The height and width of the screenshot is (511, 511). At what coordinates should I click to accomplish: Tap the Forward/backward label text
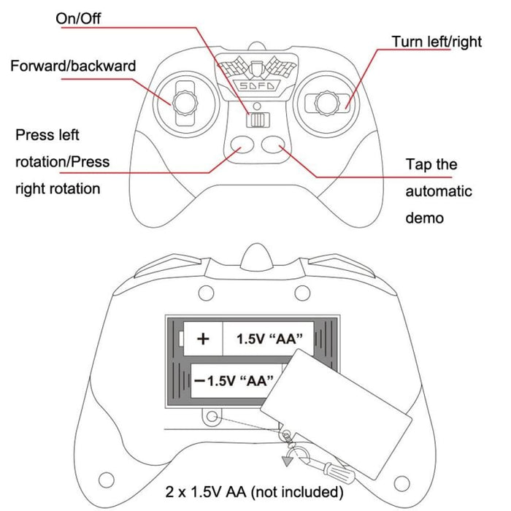tap(73, 66)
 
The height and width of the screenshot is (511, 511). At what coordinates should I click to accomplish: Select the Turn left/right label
tap(437, 42)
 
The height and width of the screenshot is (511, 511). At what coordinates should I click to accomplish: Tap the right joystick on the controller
tap(326, 102)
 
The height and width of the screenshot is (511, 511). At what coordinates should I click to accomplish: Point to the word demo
tap(425, 218)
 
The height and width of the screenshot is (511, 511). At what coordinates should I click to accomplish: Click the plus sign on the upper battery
tap(204, 339)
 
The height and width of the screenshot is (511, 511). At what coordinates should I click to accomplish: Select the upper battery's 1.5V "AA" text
tap(269, 339)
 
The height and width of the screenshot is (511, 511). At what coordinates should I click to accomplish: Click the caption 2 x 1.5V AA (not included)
tap(255, 491)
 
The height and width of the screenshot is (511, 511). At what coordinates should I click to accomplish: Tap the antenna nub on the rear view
tap(255, 256)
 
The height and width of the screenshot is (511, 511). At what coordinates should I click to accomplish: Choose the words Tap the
tap(431, 164)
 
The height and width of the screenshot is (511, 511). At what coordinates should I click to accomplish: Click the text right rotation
tap(58, 189)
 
